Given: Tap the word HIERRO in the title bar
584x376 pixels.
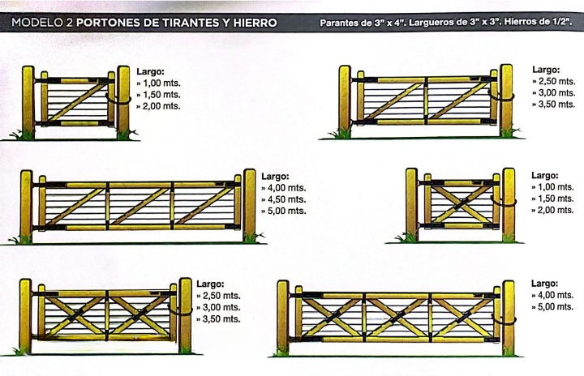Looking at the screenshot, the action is click(255, 23).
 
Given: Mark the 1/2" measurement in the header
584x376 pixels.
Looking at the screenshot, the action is click(562, 22).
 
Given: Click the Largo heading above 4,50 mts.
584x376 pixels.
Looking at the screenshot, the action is click(275, 177).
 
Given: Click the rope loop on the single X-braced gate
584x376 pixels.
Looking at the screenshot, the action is click(504, 202).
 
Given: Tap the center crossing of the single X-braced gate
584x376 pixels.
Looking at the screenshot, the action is click(462, 204).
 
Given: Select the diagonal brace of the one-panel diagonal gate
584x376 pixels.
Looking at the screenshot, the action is click(78, 101).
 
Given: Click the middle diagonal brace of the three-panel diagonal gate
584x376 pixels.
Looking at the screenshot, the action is click(140, 206).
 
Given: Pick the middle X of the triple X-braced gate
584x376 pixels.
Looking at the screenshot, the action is click(397, 317).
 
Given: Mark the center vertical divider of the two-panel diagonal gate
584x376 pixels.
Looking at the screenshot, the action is click(425, 100).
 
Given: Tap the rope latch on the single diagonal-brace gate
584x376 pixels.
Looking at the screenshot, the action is click(118, 100).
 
